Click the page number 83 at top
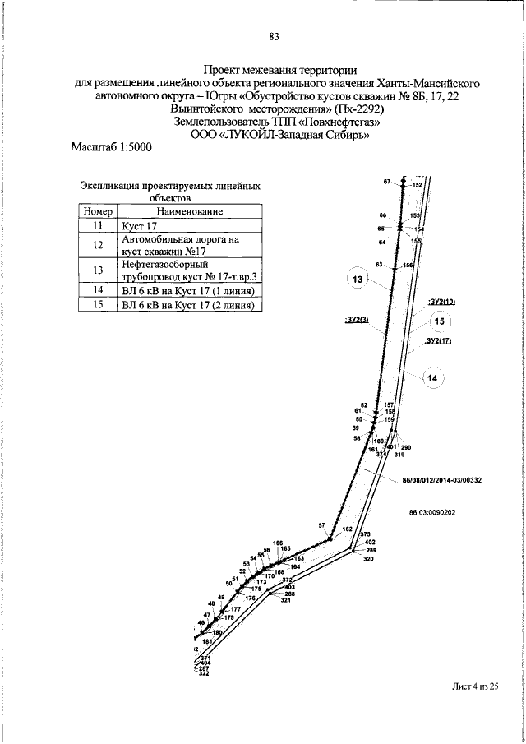[x=275, y=36]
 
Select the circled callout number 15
[x=440, y=321]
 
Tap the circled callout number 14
[x=434, y=378]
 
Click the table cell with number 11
[x=97, y=224]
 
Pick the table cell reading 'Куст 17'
[x=139, y=224]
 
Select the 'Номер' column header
[x=97, y=210]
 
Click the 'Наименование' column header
[x=187, y=210]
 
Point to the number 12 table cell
[x=97, y=245]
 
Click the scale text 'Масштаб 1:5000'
[x=112, y=148]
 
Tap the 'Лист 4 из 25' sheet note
[x=475, y=687]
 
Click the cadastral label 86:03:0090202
[x=432, y=511]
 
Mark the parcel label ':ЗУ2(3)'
[x=357, y=317]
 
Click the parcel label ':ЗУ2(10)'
[x=441, y=302]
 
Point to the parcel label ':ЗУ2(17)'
[x=439, y=340]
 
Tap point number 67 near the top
[x=386, y=181]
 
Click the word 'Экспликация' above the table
[x=113, y=187]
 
